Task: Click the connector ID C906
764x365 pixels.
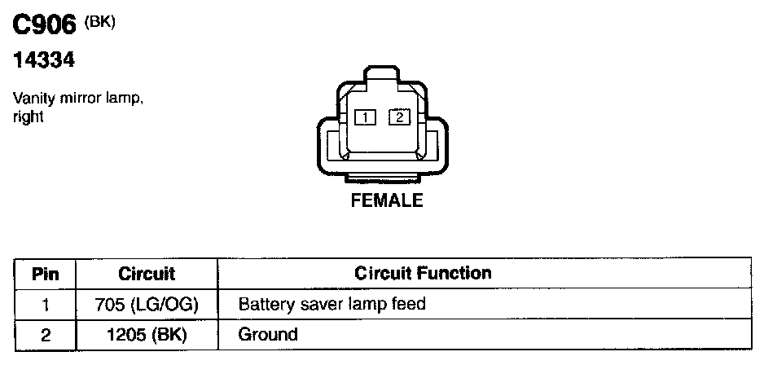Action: (45, 25)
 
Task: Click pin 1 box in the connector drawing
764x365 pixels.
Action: (366, 118)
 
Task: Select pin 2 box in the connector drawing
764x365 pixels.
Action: (399, 117)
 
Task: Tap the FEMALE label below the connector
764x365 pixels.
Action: (387, 200)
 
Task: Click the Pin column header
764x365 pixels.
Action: (46, 274)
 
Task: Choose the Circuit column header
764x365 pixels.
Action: (147, 274)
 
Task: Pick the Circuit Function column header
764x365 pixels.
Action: (423, 273)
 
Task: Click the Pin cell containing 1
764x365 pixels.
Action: (46, 305)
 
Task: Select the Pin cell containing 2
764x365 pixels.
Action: (46, 334)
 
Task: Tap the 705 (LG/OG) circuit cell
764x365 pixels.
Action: (147, 305)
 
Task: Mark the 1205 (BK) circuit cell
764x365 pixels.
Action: (147, 334)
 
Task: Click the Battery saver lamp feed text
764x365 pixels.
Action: (332, 305)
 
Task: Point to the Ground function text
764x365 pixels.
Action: (268, 334)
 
